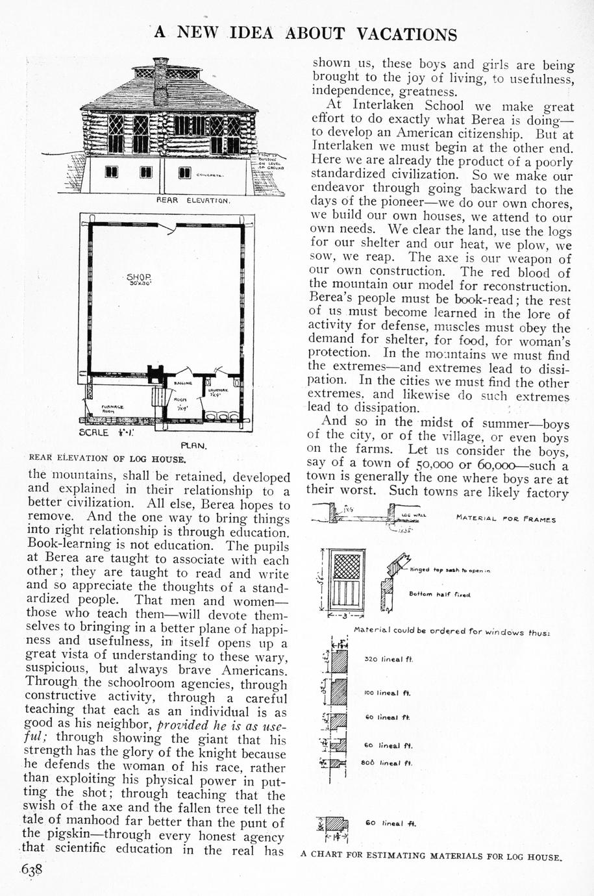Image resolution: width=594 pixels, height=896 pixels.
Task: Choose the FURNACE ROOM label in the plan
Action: tap(108, 409)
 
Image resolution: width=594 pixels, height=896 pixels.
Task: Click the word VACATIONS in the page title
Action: tap(406, 34)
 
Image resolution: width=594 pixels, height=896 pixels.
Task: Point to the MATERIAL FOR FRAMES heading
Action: tap(506, 519)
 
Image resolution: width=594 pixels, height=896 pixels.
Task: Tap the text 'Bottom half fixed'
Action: tap(439, 593)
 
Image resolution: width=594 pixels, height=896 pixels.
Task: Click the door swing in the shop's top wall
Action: tap(169, 228)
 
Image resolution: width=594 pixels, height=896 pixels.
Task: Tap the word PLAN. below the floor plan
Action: tap(193, 446)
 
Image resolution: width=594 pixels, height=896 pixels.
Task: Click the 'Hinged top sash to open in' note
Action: tap(450, 570)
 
